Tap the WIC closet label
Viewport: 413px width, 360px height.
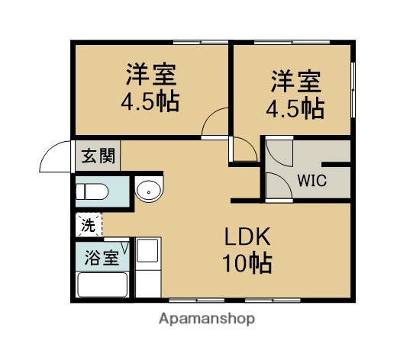pyautogui.click(x=311, y=182)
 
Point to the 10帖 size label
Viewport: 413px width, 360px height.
pyautogui.click(x=247, y=264)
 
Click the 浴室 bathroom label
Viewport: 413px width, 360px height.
pyautogui.click(x=102, y=256)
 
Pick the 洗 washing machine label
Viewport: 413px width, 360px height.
pyautogui.click(x=89, y=225)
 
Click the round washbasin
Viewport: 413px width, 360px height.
pyautogui.click(x=149, y=191)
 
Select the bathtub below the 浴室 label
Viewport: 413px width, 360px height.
pyautogui.click(x=102, y=284)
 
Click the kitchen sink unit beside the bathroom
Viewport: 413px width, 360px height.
pyautogui.click(x=147, y=267)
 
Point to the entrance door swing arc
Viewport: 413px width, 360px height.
pyautogui.click(x=56, y=159)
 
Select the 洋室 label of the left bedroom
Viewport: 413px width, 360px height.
pyautogui.click(x=151, y=76)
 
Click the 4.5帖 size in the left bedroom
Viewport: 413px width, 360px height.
pyautogui.click(x=151, y=102)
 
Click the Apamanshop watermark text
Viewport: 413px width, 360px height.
pyautogui.click(x=206, y=318)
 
